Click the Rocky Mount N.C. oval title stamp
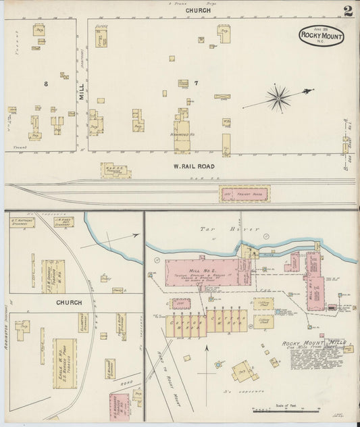tap(322, 35)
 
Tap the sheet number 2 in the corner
tap(348, 11)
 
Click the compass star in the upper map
tap(278, 98)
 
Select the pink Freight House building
tap(244, 194)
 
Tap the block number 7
tap(196, 83)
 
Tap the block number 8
tap(46, 83)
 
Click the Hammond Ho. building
tap(182, 134)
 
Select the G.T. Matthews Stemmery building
tap(22, 221)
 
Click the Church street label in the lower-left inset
tap(69, 303)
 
